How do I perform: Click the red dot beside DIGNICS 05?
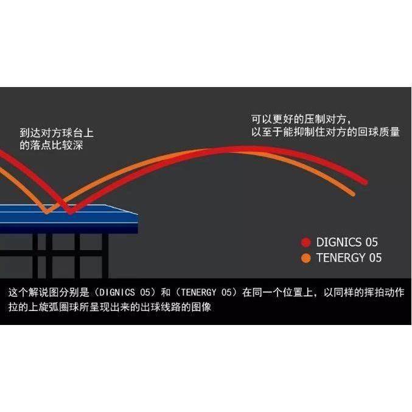pos(306,242)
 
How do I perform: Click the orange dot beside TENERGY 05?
pos(306,257)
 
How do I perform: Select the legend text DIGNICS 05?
pos(347,242)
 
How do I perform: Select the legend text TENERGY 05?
pos(349,257)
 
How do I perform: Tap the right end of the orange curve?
pos(352,193)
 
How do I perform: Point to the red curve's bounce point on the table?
pos(71,212)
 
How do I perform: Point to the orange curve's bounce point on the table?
pos(47,211)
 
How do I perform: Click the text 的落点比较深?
pos(52,145)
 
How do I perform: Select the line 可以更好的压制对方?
pos(301,118)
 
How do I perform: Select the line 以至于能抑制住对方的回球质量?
pos(325,131)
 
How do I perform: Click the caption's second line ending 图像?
pos(110,307)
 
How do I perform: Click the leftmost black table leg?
pos(35,256)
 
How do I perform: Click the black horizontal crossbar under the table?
pos(67,249)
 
